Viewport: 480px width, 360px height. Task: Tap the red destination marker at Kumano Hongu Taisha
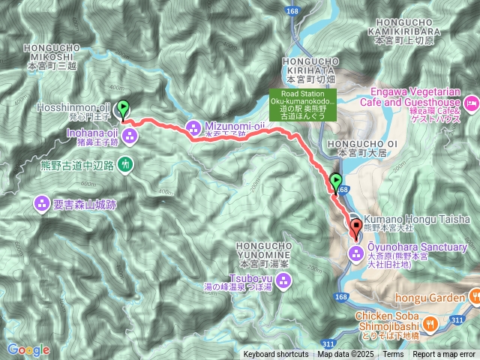coord(355,225)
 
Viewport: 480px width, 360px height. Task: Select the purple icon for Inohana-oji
coord(130,136)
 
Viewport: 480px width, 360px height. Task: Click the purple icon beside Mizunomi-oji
coord(193,127)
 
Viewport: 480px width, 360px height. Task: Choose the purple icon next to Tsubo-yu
coord(284,281)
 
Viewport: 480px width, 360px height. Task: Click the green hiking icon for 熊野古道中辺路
coord(124,163)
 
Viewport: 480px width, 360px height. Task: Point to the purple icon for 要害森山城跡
coord(42,202)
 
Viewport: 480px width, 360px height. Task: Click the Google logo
coord(28,349)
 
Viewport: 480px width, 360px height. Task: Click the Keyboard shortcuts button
coord(275,355)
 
